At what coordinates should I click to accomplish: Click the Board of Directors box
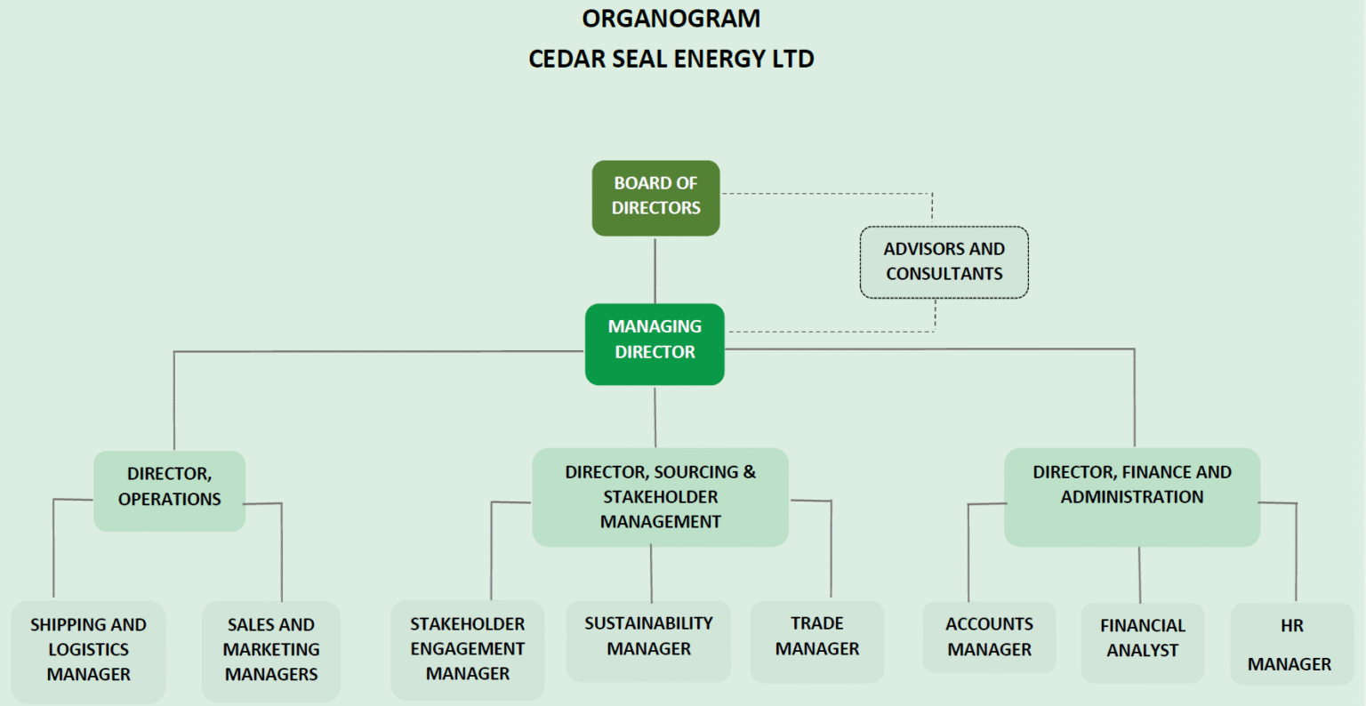[x=655, y=197]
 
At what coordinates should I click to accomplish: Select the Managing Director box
[x=655, y=344]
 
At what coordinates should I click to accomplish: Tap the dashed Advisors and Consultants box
[x=944, y=262]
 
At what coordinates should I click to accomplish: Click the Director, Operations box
[x=169, y=491]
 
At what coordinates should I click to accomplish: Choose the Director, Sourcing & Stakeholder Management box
[x=660, y=497]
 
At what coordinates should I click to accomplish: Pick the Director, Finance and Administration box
[x=1131, y=496]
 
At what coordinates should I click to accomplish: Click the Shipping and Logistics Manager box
[x=88, y=651]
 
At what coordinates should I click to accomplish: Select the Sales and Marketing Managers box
[x=270, y=651]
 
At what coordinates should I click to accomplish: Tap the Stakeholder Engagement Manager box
[x=467, y=650]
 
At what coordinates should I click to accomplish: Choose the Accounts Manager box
[x=989, y=638]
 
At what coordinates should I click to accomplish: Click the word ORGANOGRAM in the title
[x=671, y=19]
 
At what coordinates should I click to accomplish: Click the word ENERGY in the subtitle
[x=719, y=60]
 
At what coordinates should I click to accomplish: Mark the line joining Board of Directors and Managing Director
[x=655, y=270]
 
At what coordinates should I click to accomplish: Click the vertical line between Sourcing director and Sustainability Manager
[x=651, y=574]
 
